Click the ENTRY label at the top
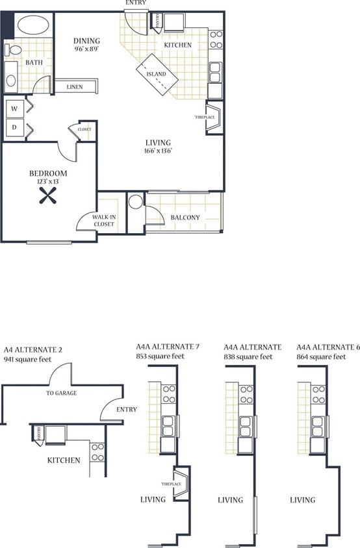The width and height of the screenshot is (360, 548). click(136, 3)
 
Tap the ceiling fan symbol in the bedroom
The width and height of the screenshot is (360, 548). click(48, 195)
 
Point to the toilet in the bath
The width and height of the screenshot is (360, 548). click(13, 50)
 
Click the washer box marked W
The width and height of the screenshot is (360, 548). click(14, 108)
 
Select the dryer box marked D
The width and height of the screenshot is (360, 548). click(14, 127)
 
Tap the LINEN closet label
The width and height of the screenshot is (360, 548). click(74, 86)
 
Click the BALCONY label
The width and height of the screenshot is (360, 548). click(185, 218)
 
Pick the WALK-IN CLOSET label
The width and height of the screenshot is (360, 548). click(103, 221)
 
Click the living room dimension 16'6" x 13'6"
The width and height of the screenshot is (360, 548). click(159, 151)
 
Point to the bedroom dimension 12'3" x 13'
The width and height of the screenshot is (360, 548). click(48, 182)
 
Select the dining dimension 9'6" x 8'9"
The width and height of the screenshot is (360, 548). click(87, 49)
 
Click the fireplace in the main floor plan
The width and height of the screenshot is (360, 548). click(214, 118)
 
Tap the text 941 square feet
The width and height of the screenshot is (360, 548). click(29, 358)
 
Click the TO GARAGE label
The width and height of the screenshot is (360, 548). click(62, 393)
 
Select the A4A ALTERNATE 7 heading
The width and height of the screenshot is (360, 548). click(167, 347)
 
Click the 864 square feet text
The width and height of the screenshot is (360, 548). click(321, 356)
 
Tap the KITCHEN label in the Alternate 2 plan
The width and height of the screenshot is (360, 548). click(64, 460)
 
